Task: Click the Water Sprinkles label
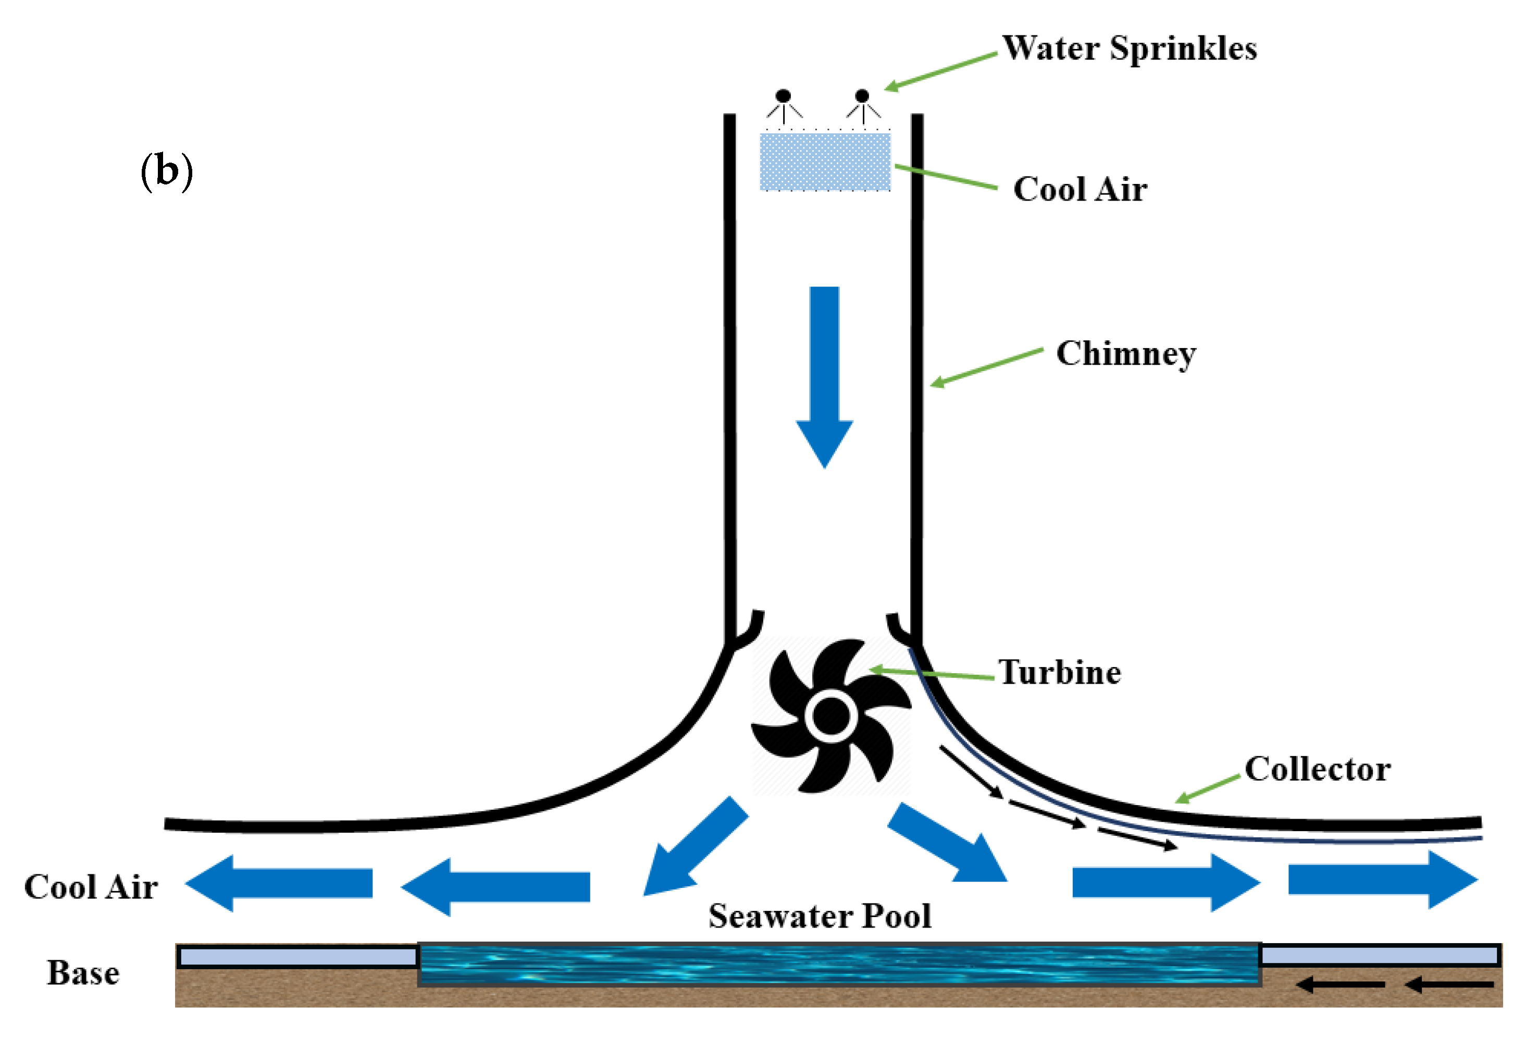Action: (x=1129, y=48)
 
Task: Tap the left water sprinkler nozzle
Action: (x=783, y=96)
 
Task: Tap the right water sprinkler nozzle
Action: (x=862, y=97)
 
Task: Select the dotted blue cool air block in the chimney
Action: (x=825, y=162)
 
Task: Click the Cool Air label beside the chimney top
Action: (x=1080, y=190)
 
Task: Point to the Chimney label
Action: (x=1125, y=354)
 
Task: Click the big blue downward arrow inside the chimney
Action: (x=824, y=374)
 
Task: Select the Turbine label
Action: (x=1059, y=673)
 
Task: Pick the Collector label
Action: (x=1317, y=769)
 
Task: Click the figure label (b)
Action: (x=167, y=171)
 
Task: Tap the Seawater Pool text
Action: (x=820, y=916)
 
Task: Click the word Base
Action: (x=83, y=973)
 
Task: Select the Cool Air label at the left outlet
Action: (x=91, y=887)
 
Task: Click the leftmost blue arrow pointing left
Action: (x=279, y=883)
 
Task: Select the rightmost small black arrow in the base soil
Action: (x=1450, y=985)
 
